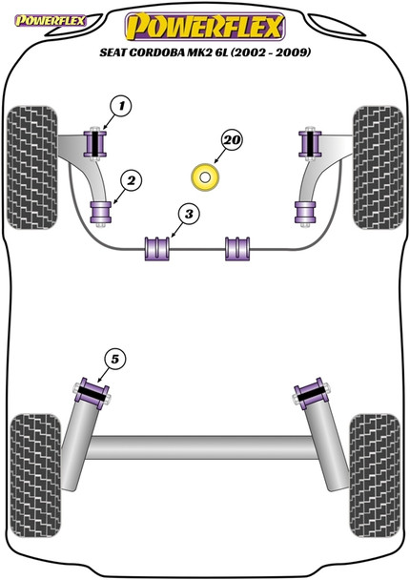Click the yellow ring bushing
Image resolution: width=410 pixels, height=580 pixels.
coord(204,176)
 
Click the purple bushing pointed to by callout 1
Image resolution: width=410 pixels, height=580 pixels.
coord(95,142)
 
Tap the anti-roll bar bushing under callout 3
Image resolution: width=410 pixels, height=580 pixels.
coord(155,247)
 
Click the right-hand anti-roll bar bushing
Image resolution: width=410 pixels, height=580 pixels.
coord(238,247)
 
